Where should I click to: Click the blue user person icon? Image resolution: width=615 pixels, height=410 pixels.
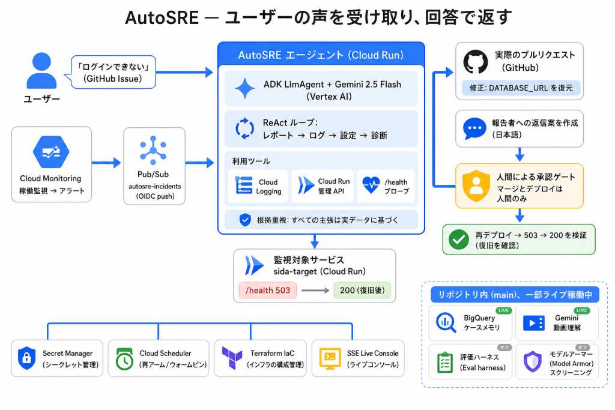click(x=41, y=71)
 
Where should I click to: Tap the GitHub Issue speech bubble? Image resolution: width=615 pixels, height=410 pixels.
click(x=112, y=73)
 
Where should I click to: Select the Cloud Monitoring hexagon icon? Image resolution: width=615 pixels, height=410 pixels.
click(x=51, y=152)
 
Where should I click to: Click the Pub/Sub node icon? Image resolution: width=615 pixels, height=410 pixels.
click(x=153, y=150)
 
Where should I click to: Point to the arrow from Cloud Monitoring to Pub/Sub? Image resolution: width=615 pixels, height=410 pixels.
click(x=106, y=162)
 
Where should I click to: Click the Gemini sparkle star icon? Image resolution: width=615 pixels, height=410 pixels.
click(x=245, y=89)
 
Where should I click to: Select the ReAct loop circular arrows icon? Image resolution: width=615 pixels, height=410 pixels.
click(x=245, y=128)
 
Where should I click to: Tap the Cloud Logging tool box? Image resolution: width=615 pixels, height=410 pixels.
click(x=258, y=186)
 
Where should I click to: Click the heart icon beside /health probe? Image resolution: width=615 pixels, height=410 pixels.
click(x=371, y=185)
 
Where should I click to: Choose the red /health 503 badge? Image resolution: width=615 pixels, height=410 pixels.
click(x=267, y=291)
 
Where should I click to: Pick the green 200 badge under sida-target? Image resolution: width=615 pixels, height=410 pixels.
click(x=362, y=291)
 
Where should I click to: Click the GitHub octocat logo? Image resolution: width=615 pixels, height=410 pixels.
click(x=476, y=62)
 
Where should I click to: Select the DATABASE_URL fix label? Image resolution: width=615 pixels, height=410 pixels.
click(x=521, y=88)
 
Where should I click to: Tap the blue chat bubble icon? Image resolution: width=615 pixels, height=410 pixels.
click(x=474, y=128)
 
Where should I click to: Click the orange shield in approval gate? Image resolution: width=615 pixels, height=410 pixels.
click(x=476, y=186)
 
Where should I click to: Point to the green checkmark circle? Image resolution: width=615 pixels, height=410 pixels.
click(x=458, y=239)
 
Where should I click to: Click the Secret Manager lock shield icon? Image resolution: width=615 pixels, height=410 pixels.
click(x=26, y=358)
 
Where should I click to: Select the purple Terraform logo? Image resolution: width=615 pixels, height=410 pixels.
click(x=232, y=358)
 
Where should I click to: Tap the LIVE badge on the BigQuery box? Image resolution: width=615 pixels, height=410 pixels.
click(x=504, y=310)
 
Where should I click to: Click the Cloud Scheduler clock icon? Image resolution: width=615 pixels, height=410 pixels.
click(x=124, y=359)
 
